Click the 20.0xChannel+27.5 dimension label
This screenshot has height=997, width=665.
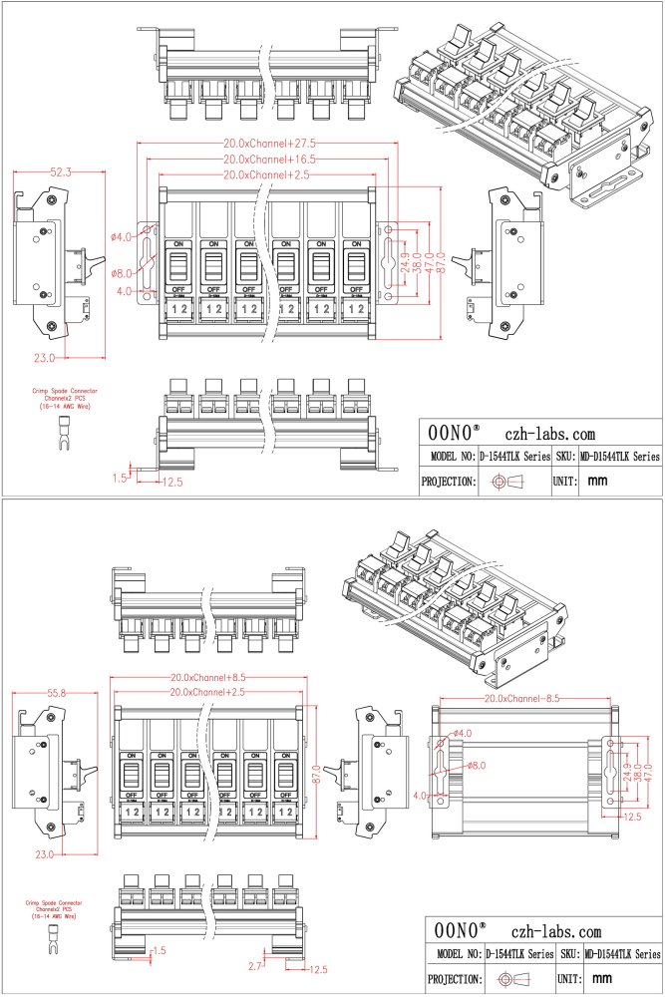269,144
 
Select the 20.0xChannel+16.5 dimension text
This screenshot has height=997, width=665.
269,160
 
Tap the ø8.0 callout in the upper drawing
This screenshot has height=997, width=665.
122,272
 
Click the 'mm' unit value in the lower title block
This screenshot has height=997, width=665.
598,979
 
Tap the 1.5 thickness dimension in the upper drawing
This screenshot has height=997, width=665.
122,478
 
